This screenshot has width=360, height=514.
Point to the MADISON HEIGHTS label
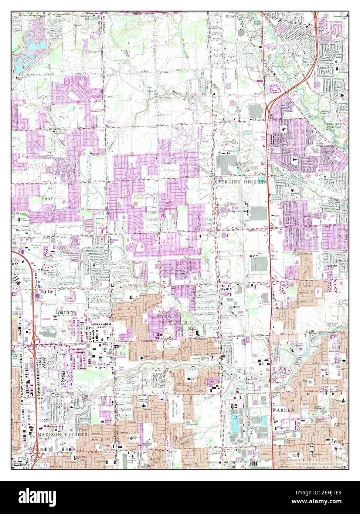pyautogui.click(x=62, y=435)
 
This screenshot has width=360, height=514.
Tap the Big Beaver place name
pyautogui.click(x=23, y=230)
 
